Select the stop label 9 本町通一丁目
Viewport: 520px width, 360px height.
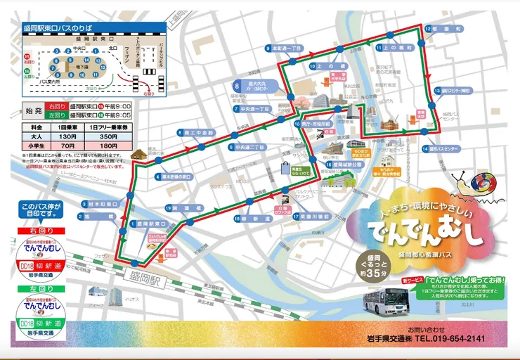pyautogui.click(x=283, y=49)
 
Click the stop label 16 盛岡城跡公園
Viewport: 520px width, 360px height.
pyautogui.click(x=344, y=165)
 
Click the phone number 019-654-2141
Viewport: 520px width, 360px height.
pyautogui.click(x=456, y=338)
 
